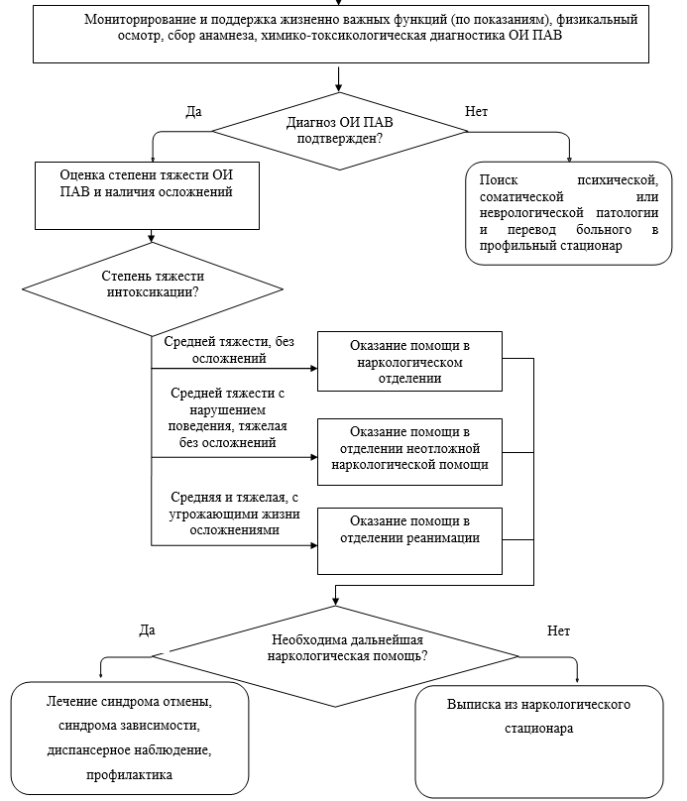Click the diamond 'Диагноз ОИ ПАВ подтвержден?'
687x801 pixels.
340,131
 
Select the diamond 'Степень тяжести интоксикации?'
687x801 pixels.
153,289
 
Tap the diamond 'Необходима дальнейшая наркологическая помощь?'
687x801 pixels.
335,656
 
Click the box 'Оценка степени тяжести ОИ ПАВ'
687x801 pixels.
147,195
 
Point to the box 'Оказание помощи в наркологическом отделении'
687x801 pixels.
409,362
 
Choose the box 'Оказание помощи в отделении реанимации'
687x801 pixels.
409,541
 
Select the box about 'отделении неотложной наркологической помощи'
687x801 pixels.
409,452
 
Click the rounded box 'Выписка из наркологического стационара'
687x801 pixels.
539,742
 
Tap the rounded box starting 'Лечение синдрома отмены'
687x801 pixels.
130,739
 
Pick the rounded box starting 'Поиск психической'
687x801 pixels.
568,213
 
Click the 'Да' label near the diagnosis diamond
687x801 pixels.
193,111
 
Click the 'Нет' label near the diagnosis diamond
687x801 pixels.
476,111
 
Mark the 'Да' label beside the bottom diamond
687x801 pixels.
147,629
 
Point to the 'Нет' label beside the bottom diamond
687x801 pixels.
558,630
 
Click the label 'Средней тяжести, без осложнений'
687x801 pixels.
229,350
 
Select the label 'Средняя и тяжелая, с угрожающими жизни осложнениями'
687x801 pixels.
234,514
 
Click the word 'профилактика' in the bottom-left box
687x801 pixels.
129,775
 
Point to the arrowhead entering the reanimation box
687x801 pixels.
314,545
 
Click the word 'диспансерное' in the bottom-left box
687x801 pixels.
83,750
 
